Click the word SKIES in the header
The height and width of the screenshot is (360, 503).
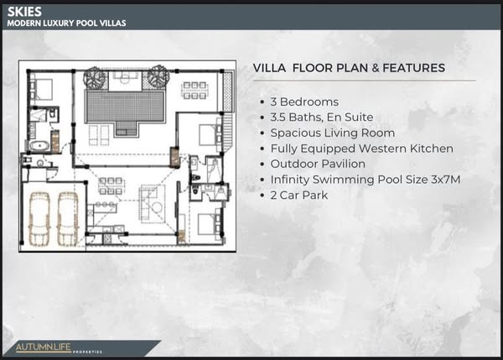pos(24,12)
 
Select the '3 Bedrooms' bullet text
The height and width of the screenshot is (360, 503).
pos(304,102)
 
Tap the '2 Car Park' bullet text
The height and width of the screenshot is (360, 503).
pos(299,195)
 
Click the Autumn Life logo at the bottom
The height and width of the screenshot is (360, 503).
pos(59,348)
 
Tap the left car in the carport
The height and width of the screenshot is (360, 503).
pos(39,218)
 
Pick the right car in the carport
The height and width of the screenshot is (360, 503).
pos(68,218)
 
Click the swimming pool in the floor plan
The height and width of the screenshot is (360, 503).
pos(125,107)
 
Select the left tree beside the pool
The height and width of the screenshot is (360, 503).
pos(95,78)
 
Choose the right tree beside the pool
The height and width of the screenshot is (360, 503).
pos(158,76)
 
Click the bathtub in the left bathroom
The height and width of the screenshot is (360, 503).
pos(39,146)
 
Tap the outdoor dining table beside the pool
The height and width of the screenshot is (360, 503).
pos(194,91)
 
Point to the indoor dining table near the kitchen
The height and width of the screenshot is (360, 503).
pos(111,186)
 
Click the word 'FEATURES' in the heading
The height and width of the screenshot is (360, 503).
pos(414,68)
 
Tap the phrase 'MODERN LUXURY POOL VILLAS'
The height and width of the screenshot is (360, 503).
pos(66,23)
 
